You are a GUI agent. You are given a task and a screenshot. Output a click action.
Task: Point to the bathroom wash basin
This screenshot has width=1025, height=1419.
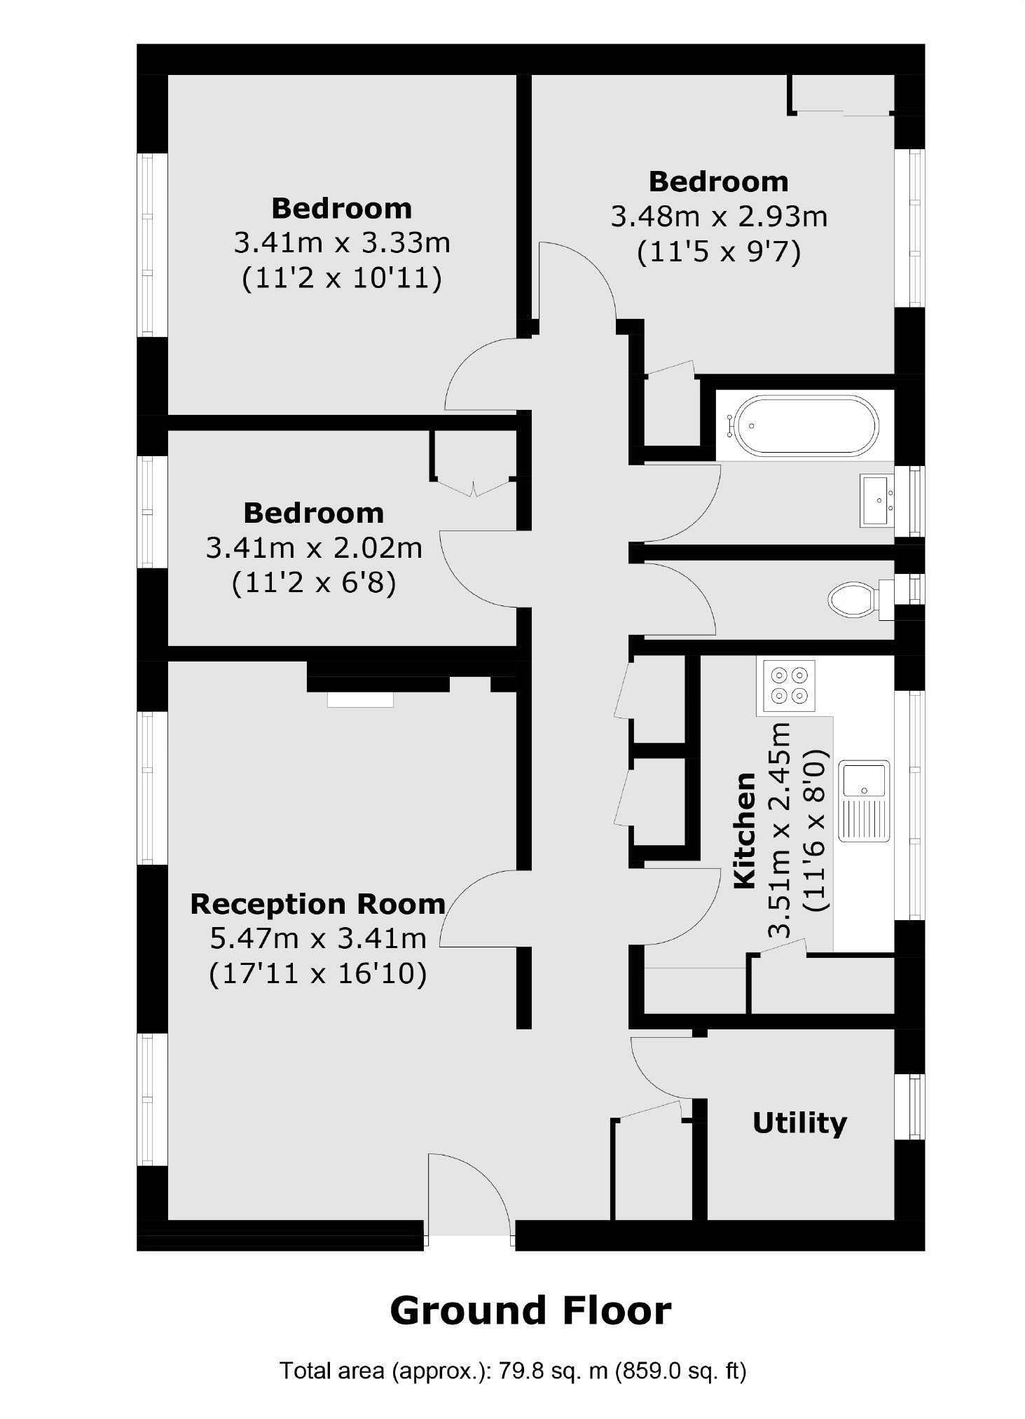[876, 500]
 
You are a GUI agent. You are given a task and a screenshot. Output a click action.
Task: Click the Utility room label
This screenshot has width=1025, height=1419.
[799, 1123]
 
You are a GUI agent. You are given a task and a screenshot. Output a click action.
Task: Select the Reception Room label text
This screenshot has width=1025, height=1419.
[317, 904]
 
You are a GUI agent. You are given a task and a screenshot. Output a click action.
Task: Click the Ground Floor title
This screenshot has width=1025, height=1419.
[530, 1310]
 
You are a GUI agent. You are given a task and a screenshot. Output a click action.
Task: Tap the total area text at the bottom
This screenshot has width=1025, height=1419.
[513, 1371]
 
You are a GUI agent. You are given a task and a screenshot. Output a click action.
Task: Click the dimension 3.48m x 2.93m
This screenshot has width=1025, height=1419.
[719, 217]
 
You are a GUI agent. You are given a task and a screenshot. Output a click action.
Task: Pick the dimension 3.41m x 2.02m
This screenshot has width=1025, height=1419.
[314, 547]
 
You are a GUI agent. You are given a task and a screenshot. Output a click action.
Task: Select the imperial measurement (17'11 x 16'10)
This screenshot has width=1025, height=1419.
[317, 974]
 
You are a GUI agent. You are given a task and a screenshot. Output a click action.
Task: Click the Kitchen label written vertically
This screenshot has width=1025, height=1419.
[744, 830]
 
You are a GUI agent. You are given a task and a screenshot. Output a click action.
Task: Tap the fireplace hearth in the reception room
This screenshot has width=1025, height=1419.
[360, 699]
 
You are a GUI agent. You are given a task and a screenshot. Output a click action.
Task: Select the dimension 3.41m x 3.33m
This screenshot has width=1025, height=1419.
[341, 243]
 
